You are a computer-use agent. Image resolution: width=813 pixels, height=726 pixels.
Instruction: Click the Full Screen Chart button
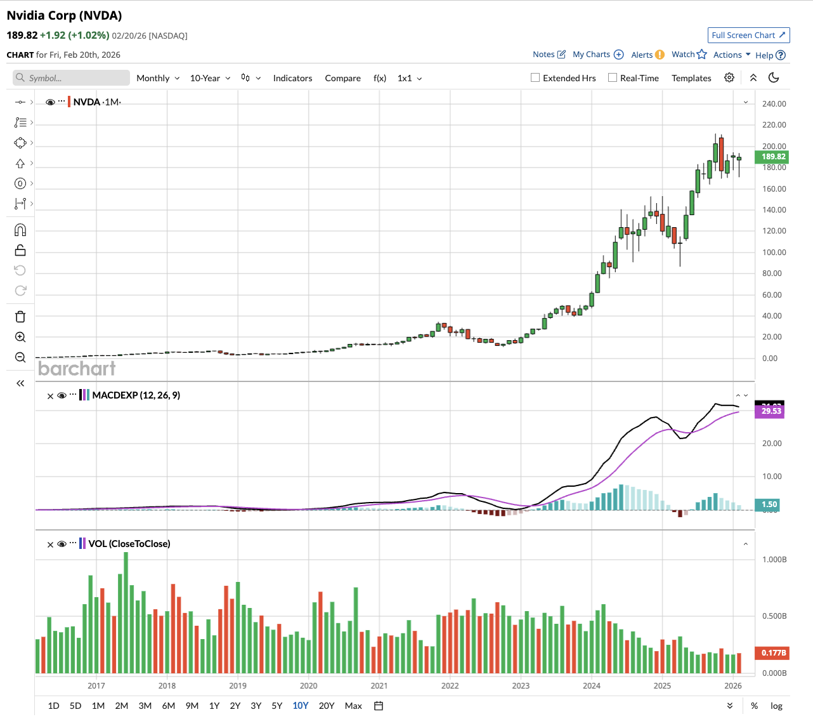[x=748, y=36]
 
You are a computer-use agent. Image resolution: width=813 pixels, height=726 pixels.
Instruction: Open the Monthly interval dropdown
[x=158, y=78]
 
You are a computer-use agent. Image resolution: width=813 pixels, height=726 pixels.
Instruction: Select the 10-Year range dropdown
[x=210, y=78]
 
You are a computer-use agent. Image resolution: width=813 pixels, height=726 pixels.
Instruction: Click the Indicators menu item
[x=292, y=78]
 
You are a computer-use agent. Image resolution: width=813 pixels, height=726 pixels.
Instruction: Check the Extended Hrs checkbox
[x=535, y=78]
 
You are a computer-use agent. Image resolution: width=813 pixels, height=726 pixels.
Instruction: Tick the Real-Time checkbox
[x=613, y=78]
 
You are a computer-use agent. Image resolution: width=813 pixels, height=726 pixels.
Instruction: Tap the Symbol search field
[x=71, y=78]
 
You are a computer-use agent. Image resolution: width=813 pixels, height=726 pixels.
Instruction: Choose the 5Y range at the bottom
[x=277, y=706]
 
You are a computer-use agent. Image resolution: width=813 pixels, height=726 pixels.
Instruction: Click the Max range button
[x=353, y=706]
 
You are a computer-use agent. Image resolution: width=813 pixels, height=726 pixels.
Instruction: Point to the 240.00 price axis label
[x=774, y=103]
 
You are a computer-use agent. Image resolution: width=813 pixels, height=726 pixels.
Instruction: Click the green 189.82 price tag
[x=773, y=157]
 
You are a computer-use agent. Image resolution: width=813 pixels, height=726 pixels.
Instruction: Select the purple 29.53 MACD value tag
[x=771, y=411]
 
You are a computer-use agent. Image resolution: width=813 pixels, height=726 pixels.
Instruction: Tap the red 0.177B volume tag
[x=773, y=653]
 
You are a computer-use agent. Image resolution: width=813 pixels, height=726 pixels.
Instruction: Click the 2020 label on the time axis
[x=308, y=685]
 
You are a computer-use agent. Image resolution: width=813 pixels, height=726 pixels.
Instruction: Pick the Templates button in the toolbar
[x=691, y=78]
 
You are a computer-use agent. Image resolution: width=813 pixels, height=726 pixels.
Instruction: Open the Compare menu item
[x=342, y=78]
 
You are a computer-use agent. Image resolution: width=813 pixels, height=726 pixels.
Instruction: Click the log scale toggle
[x=776, y=706]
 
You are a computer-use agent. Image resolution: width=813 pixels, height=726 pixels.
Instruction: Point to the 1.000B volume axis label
[x=774, y=560]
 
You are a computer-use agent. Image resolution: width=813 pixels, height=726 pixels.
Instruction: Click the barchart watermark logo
[x=77, y=368]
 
